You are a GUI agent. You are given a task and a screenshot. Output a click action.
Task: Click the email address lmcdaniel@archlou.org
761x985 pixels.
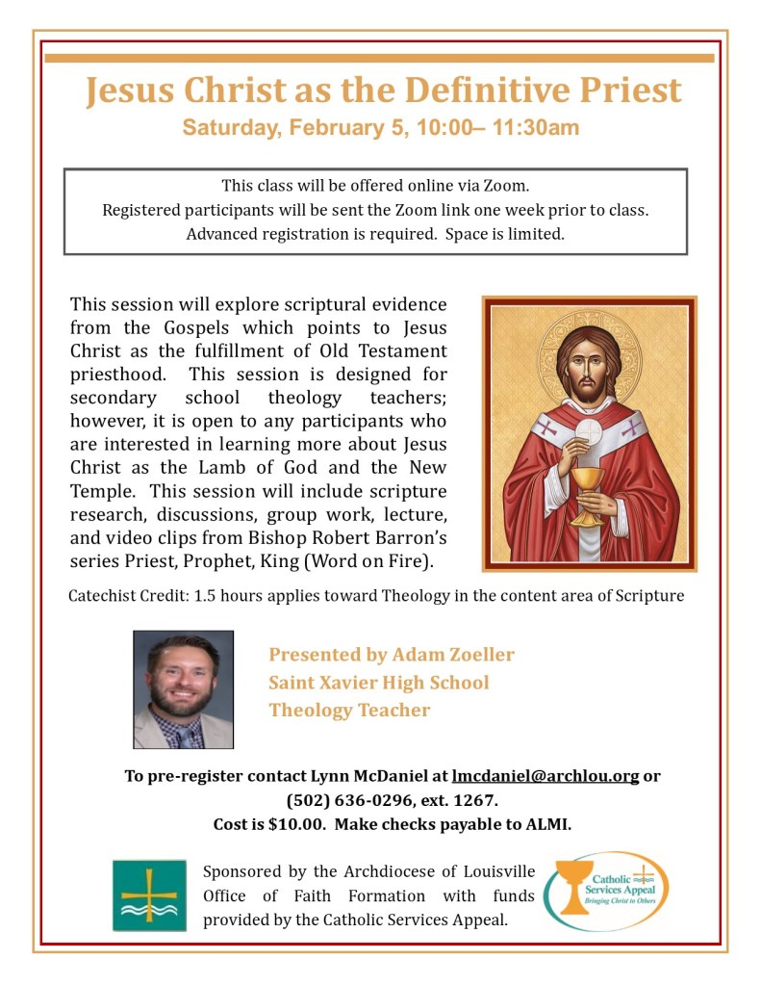[x=545, y=776]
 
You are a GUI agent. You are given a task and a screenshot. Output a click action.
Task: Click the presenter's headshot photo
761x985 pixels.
[x=183, y=689]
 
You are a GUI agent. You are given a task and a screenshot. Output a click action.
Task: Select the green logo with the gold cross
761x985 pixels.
[x=149, y=895]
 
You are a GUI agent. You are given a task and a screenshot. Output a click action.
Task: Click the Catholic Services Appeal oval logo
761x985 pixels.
[x=605, y=891]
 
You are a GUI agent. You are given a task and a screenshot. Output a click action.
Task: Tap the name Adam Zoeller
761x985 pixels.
[x=452, y=655]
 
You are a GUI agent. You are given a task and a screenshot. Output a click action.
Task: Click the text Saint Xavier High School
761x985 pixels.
[x=379, y=683]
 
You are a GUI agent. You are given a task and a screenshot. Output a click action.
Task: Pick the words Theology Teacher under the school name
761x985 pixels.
[x=349, y=711]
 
